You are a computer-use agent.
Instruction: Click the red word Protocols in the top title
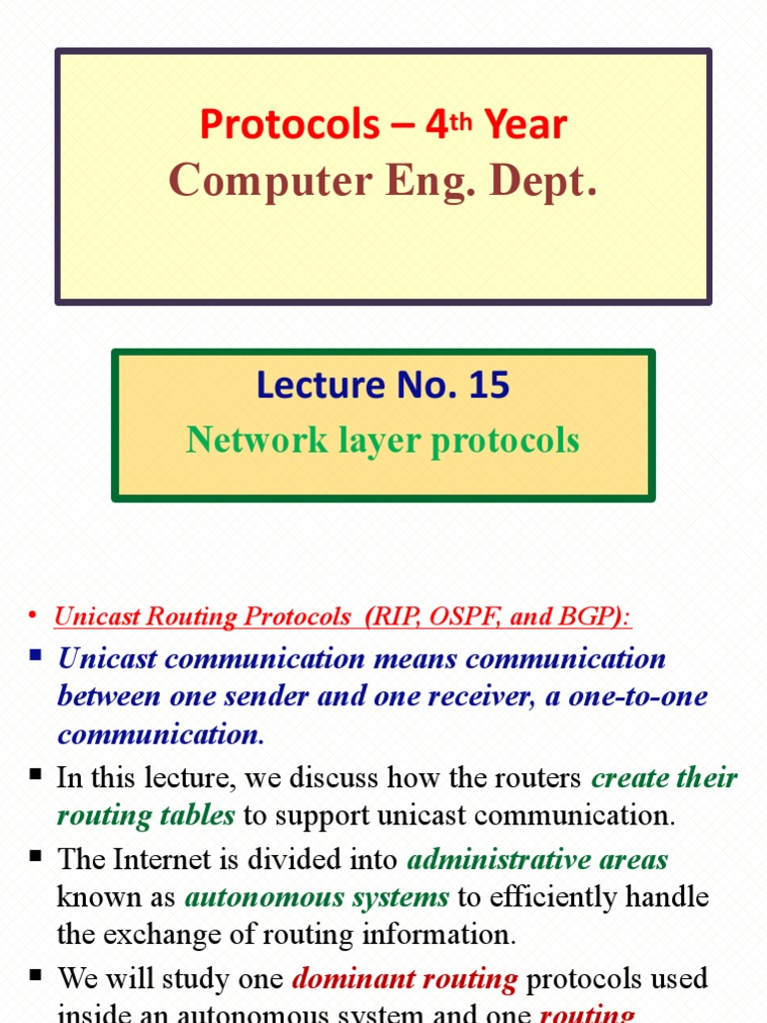pos(290,125)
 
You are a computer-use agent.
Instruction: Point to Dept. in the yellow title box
pos(546,180)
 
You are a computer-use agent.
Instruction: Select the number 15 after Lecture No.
pos(488,385)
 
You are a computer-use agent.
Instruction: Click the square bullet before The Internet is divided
pos(36,856)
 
